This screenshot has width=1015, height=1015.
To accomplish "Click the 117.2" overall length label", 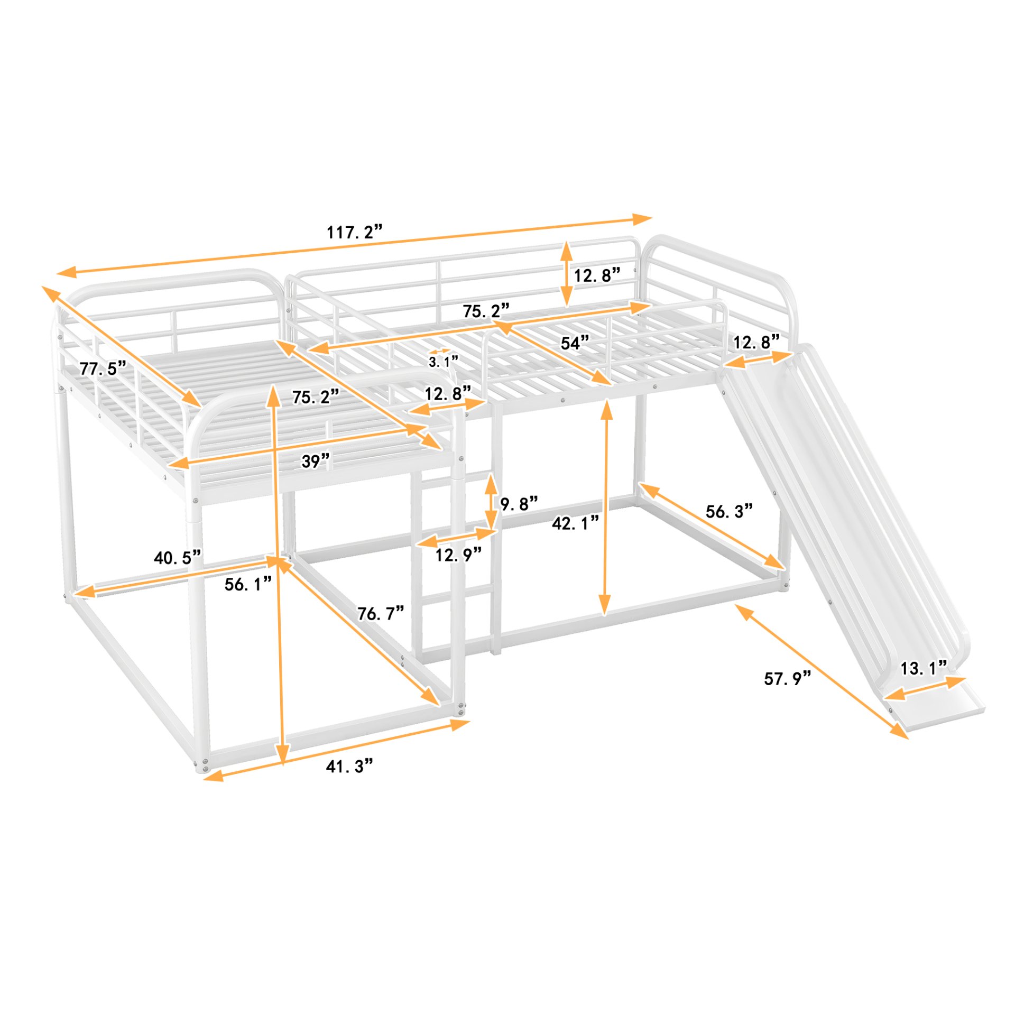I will [354, 232].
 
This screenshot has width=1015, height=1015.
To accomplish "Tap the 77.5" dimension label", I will [103, 368].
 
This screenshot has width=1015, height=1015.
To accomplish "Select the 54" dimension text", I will [574, 343].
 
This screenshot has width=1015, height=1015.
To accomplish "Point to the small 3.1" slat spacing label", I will [443, 362].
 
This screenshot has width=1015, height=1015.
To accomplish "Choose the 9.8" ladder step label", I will [519, 504].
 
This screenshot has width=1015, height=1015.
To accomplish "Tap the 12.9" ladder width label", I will [458, 555].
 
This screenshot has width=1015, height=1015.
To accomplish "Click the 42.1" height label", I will [575, 523].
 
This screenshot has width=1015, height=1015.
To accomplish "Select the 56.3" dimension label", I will [728, 511].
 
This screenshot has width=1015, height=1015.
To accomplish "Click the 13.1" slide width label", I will [923, 668].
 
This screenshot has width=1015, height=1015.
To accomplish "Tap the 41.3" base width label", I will [349, 765].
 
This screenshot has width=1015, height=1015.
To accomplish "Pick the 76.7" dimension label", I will [380, 613].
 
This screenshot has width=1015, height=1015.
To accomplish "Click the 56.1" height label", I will [248, 584].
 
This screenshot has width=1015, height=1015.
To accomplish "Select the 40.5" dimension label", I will [178, 557].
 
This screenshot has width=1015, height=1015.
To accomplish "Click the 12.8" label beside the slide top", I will [756, 343].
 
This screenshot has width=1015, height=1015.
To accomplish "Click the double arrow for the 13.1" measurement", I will [925, 689].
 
